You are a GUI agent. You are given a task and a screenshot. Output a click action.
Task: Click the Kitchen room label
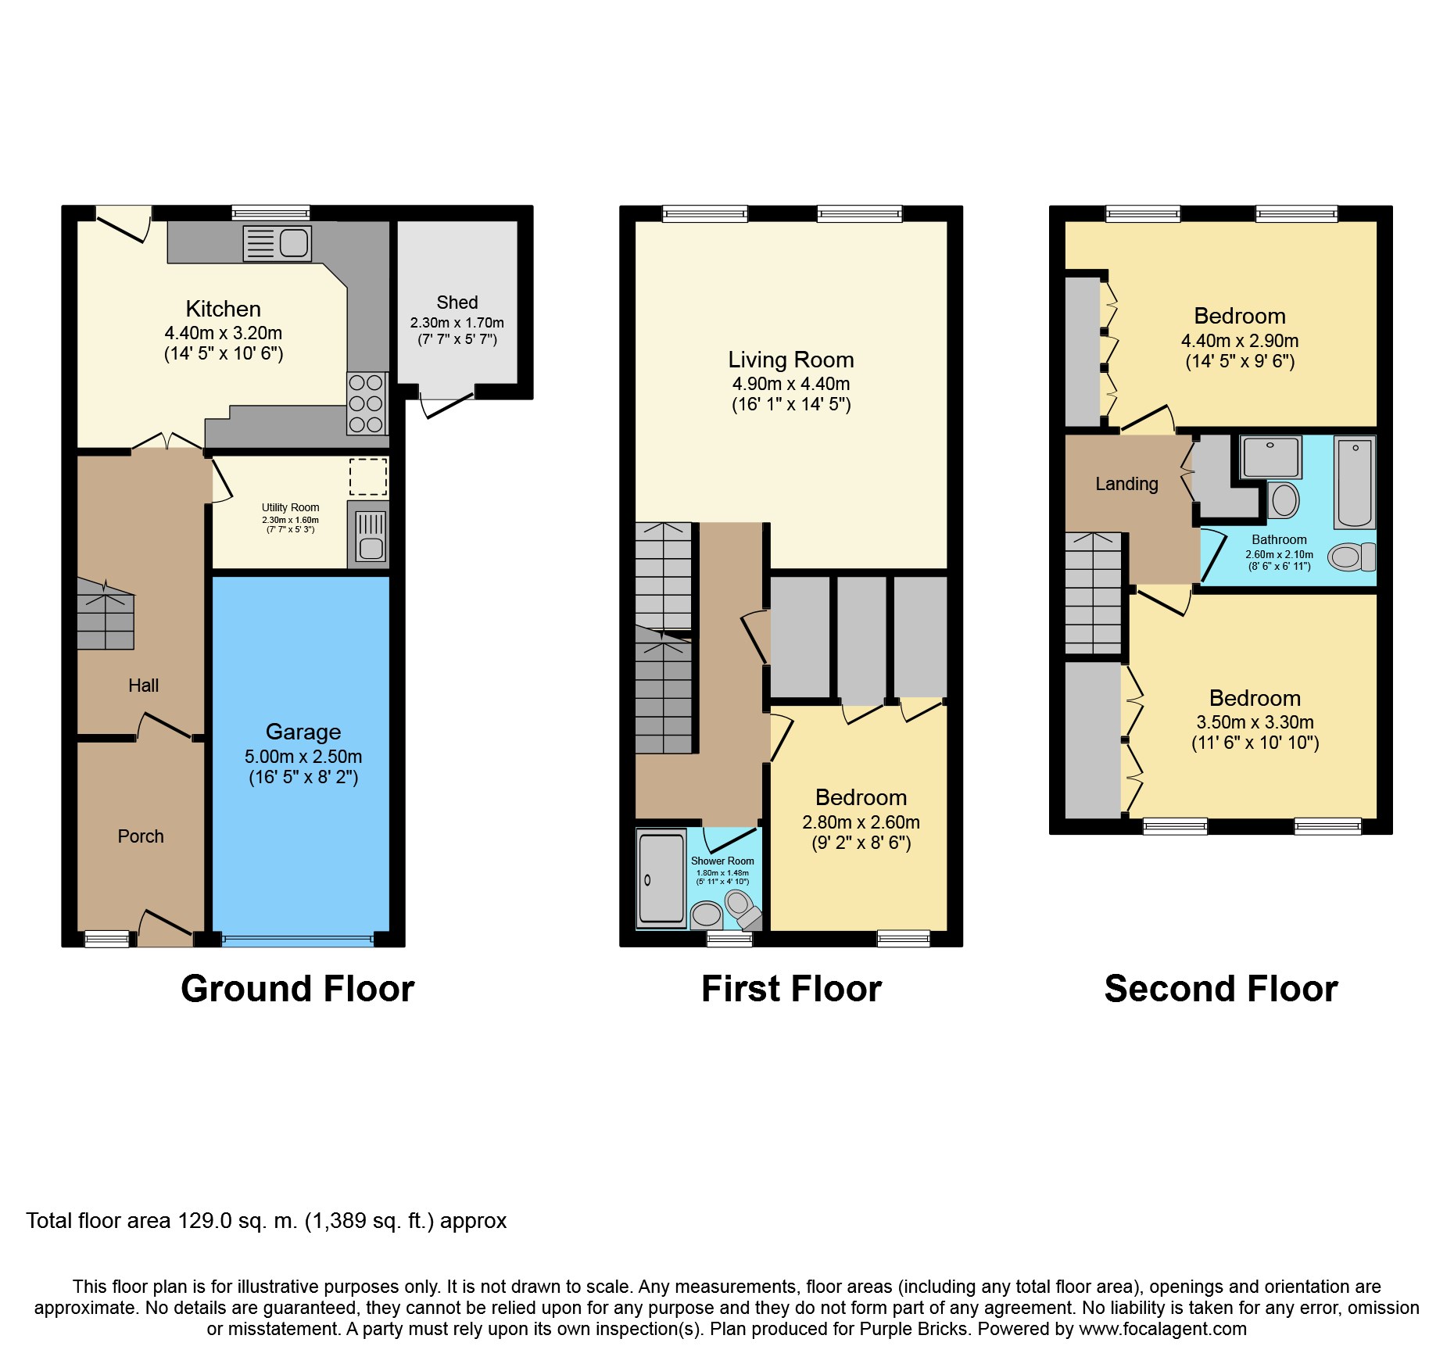coord(224,309)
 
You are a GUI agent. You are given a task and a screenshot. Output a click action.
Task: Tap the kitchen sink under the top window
coord(278,243)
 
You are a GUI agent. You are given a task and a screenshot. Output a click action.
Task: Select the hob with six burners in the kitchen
coord(367,403)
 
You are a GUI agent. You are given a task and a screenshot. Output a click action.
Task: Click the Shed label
coord(457,303)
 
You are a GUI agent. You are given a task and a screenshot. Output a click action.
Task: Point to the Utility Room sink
coord(371,535)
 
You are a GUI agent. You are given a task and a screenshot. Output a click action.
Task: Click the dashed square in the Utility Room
coord(368,477)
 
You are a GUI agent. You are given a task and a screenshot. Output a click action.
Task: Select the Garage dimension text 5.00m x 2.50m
coord(303,757)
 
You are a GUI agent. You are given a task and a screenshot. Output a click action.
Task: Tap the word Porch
coord(141,836)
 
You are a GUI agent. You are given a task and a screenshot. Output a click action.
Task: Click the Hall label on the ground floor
coord(144,686)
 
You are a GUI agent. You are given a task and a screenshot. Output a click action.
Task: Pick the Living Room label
coord(791,360)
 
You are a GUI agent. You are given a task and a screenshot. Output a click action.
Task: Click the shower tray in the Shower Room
coord(661,879)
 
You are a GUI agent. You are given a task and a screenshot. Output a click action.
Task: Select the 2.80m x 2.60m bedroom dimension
coord(861,822)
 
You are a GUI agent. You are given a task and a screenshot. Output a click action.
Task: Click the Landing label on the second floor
coord(1126,484)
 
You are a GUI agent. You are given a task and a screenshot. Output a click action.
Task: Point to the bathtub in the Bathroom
coord(1355,483)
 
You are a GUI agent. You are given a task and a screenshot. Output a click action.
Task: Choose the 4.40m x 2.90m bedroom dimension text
coord(1240,341)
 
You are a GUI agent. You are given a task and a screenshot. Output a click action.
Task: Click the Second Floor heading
coord(1221,989)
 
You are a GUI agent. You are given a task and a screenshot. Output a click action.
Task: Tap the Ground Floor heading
coord(298,989)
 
